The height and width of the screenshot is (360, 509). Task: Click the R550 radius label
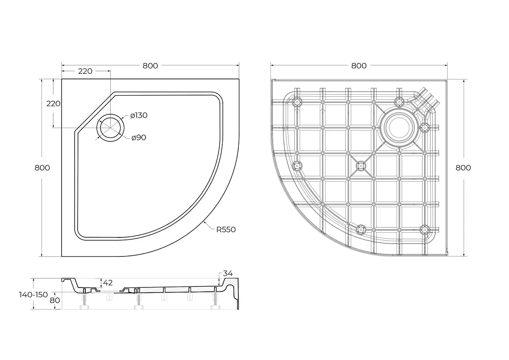tap(226, 230)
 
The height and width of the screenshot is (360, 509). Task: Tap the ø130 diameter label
tap(139, 115)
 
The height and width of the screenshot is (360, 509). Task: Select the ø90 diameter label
tap(139, 138)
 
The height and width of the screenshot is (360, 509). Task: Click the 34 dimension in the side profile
tap(228, 273)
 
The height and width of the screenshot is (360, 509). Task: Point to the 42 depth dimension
tap(108, 283)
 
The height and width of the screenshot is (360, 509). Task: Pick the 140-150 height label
tap(34, 295)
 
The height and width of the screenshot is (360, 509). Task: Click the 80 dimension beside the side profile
tap(55, 301)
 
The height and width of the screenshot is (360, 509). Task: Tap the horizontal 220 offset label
tap(85, 71)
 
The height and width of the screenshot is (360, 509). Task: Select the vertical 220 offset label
tap(53, 104)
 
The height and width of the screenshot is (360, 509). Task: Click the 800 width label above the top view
tap(150, 66)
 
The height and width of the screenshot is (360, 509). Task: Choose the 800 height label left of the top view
tap(42, 168)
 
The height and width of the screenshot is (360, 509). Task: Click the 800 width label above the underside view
tap(359, 66)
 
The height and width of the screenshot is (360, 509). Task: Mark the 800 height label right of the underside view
tap(463, 168)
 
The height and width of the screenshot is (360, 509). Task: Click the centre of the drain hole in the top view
tap(110, 128)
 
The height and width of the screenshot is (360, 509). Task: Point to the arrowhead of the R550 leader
tap(204, 222)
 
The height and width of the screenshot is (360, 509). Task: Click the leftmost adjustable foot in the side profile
tap(84, 301)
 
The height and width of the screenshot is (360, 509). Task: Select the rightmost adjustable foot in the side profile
tap(215, 301)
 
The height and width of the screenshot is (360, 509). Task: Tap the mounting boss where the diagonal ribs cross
tap(361, 166)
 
